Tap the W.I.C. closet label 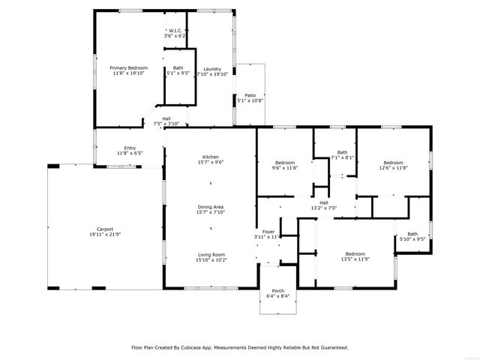(175, 30)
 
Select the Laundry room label (212, 68)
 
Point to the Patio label (250, 95)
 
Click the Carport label (105, 229)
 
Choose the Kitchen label (210, 157)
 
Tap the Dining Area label (210, 207)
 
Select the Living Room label (210, 254)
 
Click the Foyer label (268, 232)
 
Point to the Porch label (278, 290)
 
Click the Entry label (130, 148)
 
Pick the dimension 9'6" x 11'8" (284, 168)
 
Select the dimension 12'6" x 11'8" (394, 168)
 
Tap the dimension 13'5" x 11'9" (355, 259)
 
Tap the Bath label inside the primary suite (178, 68)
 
